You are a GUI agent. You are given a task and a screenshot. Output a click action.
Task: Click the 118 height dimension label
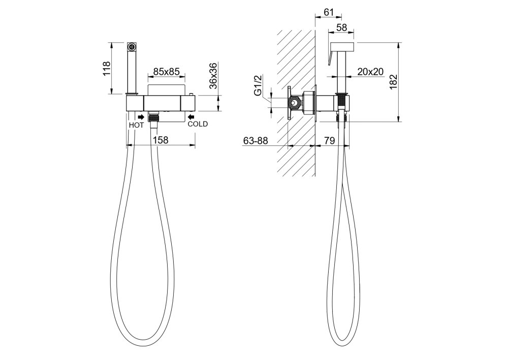coord(107,69)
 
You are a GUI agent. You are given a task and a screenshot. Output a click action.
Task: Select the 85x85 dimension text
coord(166,71)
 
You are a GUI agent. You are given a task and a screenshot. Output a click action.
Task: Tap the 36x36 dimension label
coord(213,76)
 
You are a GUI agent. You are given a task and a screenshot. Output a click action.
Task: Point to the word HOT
coord(136,125)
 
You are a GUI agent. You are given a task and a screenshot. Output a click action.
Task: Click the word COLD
coord(198,124)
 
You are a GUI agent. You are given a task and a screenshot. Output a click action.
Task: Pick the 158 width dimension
coord(161,140)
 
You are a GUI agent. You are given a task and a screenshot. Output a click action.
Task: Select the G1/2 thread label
coord(258,85)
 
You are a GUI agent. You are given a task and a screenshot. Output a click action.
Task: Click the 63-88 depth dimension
coord(256,141)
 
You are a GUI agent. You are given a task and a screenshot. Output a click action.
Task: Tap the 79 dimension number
coord(330,141)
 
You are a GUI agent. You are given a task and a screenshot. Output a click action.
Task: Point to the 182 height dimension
coord(393,82)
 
